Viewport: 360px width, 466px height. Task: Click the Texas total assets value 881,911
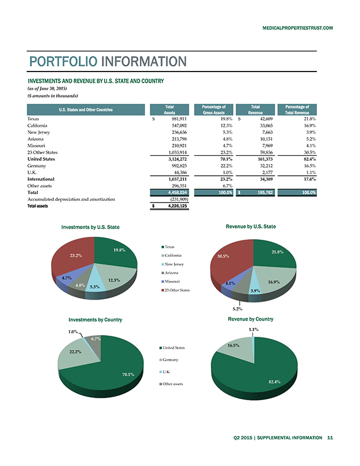pyautogui.click(x=179, y=119)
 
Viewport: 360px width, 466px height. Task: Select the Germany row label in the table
pyautogui.click(x=37, y=166)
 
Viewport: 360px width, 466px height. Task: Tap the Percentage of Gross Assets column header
pyautogui.click(x=214, y=110)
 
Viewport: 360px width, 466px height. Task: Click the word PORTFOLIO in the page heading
pyautogui.click(x=63, y=62)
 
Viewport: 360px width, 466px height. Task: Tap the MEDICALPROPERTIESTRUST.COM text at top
pyautogui.click(x=297, y=28)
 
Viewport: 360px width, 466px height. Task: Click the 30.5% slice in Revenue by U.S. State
pyautogui.click(x=230, y=259)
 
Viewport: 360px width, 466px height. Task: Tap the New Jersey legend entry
pyautogui.click(x=173, y=264)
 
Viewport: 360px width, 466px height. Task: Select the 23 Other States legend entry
pyautogui.click(x=175, y=290)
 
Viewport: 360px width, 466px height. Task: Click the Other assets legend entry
pyautogui.click(x=171, y=384)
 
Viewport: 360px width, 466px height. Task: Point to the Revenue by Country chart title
pyautogui.click(x=251, y=319)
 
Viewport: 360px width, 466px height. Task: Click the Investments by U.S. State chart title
pyautogui.click(x=90, y=227)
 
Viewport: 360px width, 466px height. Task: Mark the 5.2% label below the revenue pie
pyautogui.click(x=237, y=309)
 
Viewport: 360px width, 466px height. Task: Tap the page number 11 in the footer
pyautogui.click(x=330, y=438)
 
